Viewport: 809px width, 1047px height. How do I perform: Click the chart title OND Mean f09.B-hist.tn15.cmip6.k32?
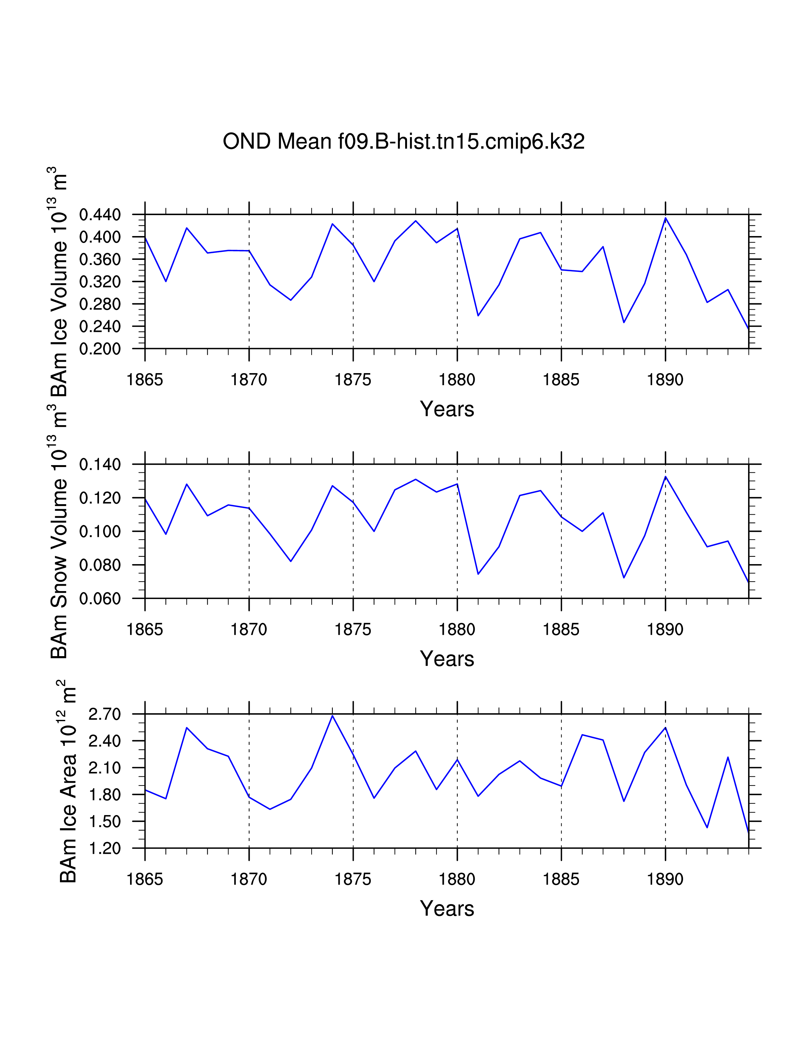click(x=404, y=142)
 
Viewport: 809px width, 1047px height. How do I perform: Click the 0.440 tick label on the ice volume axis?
click(x=100, y=215)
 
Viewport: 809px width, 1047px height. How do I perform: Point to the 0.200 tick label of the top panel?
click(x=100, y=349)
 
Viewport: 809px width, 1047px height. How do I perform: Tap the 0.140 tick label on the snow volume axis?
click(x=100, y=464)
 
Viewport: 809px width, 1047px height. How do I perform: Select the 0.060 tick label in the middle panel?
click(x=100, y=599)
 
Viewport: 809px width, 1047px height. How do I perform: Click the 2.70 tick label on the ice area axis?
click(x=104, y=714)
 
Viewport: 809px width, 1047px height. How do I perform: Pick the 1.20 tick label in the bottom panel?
click(x=104, y=848)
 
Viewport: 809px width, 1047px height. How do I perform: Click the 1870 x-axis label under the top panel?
click(x=249, y=380)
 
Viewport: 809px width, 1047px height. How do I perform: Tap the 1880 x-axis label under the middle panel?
click(x=457, y=629)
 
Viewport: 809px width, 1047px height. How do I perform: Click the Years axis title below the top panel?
click(x=447, y=409)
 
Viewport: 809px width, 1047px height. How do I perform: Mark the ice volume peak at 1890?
click(x=665, y=218)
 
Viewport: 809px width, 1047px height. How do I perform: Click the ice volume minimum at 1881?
click(x=478, y=315)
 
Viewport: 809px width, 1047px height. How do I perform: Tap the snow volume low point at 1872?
click(x=290, y=561)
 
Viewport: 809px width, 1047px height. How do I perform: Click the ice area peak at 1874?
click(x=332, y=716)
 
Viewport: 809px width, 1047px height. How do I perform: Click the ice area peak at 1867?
click(x=187, y=728)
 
